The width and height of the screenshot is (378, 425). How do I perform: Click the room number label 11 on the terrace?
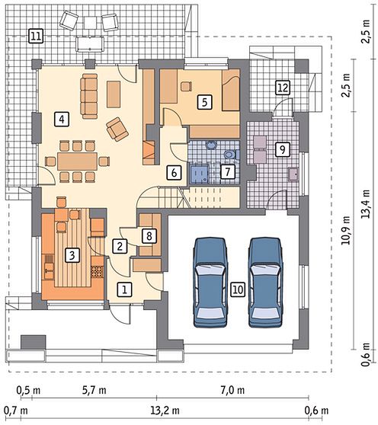[x=36, y=37]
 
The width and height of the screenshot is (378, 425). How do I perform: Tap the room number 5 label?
[x=205, y=102]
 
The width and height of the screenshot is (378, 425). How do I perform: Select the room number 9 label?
[x=283, y=149]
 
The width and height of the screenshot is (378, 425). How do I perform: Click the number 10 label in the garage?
[x=238, y=289]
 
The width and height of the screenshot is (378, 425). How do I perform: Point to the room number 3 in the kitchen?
[x=72, y=255]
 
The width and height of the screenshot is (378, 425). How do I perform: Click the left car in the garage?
[x=210, y=283]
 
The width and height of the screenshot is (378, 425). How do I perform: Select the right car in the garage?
[x=265, y=283]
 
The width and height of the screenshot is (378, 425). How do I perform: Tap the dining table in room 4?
[x=77, y=161]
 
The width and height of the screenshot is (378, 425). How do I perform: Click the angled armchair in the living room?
[x=117, y=129]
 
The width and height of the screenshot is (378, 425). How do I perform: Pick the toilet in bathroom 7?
[x=230, y=155]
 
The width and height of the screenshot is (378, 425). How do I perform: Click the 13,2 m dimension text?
[x=165, y=411]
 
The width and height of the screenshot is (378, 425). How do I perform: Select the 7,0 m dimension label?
[x=232, y=390]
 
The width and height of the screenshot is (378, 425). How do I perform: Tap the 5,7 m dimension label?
[x=94, y=390]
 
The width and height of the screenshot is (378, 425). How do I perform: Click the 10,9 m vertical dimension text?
[x=345, y=230]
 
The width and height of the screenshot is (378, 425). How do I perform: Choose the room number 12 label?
[x=283, y=88]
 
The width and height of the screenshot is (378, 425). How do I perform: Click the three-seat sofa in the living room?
[x=89, y=96]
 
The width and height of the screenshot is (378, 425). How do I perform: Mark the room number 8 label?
[x=149, y=235]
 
